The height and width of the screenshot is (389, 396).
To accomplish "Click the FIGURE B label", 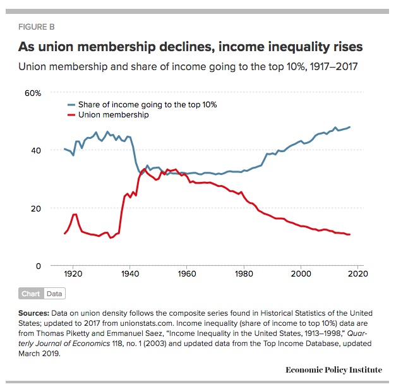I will (40, 27).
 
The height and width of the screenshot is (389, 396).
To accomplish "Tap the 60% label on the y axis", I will (33, 93).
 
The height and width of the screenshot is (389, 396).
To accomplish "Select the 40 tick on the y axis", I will (35, 150).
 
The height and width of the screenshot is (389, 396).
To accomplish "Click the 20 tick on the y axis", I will (35, 208).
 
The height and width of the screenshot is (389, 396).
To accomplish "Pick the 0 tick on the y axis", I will (39, 266).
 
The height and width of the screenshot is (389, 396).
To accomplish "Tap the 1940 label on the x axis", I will (129, 275).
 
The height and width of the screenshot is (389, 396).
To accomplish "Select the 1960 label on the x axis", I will (187, 275).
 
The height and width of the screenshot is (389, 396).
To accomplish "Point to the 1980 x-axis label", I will (244, 275).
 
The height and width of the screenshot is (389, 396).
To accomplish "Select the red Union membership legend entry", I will (114, 115).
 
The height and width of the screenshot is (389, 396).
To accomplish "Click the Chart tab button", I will (30, 294).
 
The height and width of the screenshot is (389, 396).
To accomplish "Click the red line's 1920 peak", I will (75, 214).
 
